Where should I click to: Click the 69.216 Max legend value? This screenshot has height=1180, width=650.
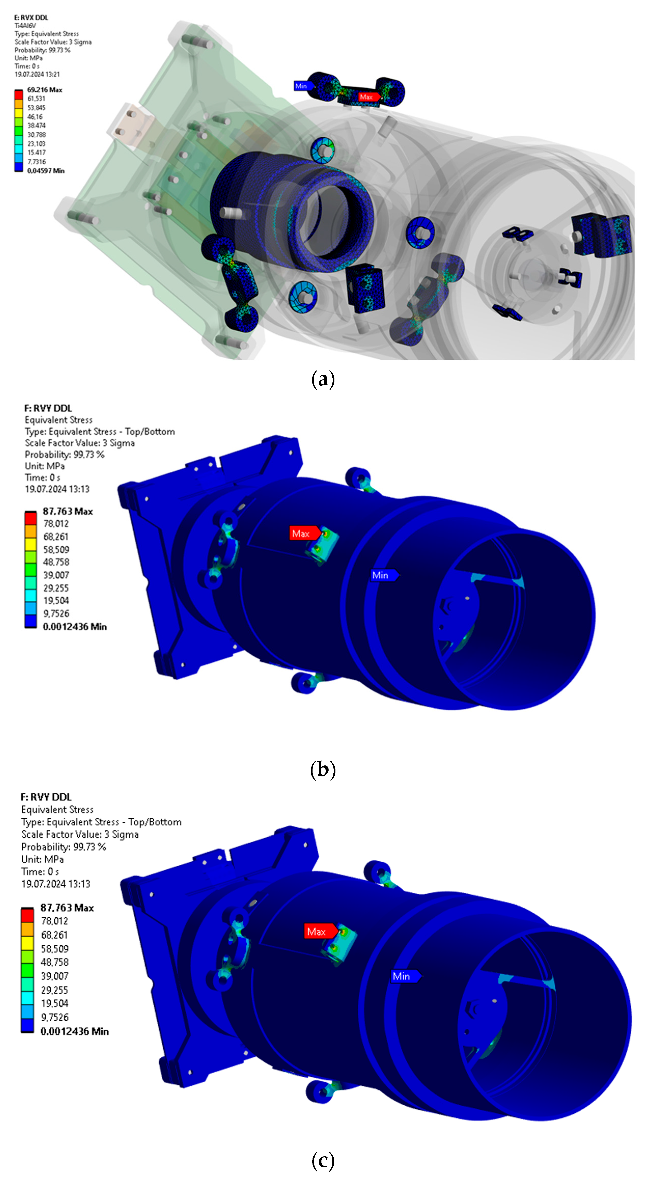(44, 90)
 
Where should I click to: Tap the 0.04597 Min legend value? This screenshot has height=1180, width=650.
(45, 171)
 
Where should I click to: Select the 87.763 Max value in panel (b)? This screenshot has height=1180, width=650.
(68, 511)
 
